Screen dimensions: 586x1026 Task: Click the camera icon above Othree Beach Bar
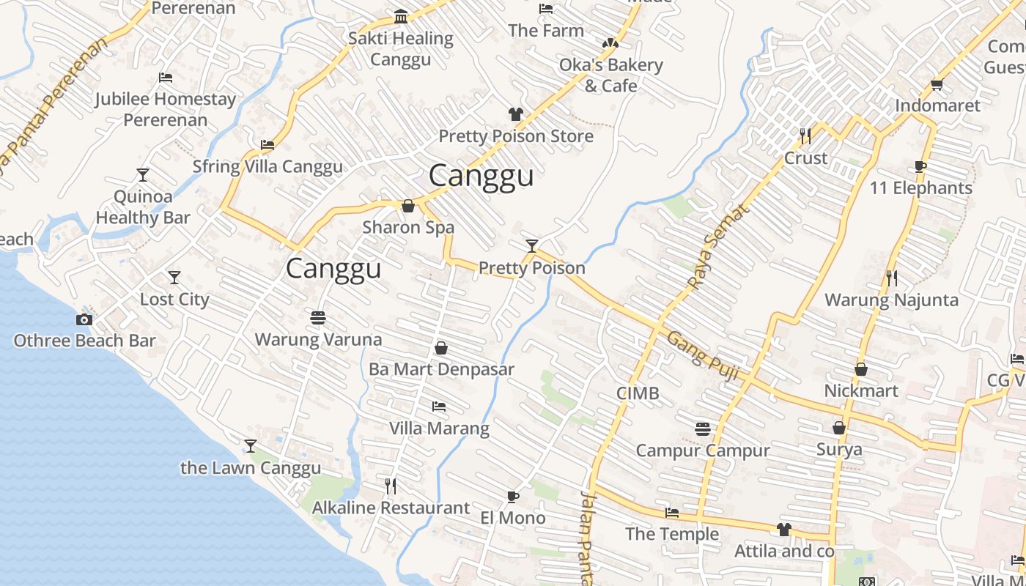(84, 319)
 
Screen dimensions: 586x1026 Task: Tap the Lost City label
(174, 300)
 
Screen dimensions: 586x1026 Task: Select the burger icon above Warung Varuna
(318, 318)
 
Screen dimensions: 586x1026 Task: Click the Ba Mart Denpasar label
(441, 369)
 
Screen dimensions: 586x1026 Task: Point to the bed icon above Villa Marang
(439, 407)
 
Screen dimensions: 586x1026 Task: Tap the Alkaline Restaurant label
(391, 508)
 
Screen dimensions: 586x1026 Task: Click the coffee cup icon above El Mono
(513, 497)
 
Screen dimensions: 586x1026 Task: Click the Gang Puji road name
(703, 355)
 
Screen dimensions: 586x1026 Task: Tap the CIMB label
(638, 393)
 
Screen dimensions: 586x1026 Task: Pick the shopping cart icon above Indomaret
(937, 85)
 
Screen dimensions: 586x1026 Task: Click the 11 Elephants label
(920, 188)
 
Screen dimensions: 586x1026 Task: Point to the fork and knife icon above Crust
(805, 136)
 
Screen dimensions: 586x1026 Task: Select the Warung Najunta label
(891, 300)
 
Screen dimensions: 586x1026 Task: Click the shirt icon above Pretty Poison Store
(516, 114)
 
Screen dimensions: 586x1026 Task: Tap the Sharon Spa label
(408, 228)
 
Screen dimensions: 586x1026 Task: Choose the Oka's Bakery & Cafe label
(610, 75)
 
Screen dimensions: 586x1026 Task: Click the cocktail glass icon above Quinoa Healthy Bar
(143, 175)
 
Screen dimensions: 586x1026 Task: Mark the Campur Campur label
(702, 450)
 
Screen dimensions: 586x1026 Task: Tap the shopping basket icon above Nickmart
(861, 370)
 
